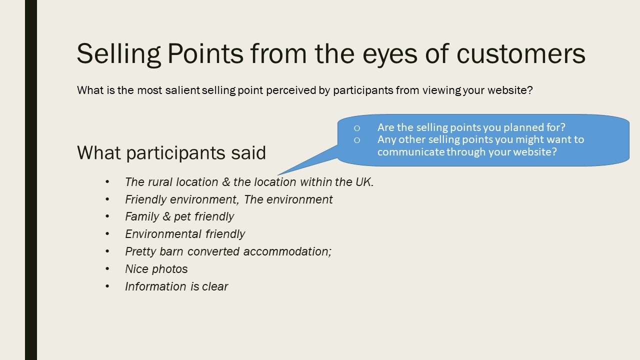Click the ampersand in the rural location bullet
(x=226, y=182)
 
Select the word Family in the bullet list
(x=142, y=217)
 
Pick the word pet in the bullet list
(x=182, y=217)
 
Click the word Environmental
(x=163, y=234)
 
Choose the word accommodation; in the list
(x=287, y=251)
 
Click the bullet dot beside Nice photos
(x=107, y=269)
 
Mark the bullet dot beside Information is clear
(x=107, y=286)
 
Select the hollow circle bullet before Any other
(x=357, y=140)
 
